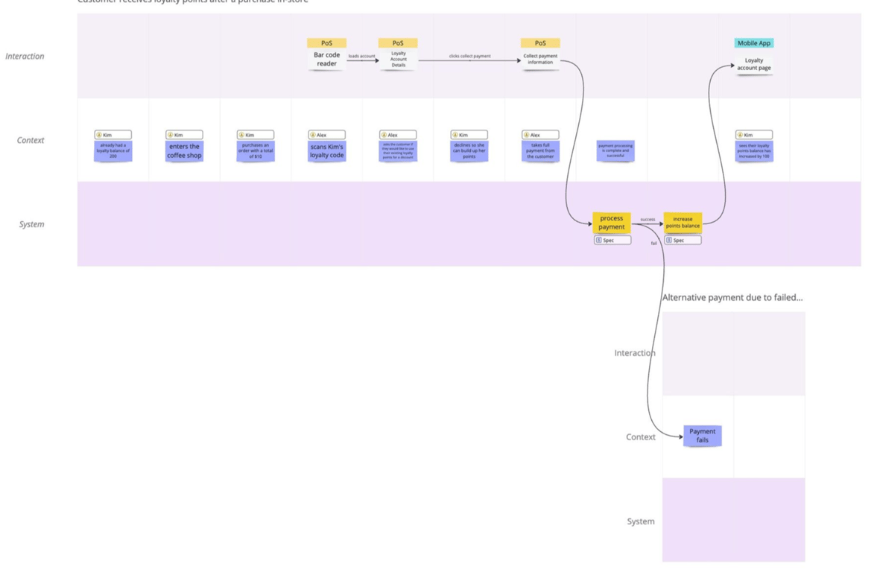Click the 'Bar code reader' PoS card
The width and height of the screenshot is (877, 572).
click(x=326, y=60)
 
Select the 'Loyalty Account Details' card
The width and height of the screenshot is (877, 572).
click(x=398, y=60)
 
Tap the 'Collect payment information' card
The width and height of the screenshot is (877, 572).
click(x=540, y=60)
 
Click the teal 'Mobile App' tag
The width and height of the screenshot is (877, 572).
click(x=754, y=43)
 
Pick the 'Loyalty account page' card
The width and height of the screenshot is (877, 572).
click(x=754, y=64)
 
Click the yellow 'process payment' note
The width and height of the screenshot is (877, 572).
click(x=611, y=223)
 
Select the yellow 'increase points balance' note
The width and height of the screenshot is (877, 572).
click(x=683, y=223)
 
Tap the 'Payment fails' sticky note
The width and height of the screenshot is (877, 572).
click(x=702, y=436)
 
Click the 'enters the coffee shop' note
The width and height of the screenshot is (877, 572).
click(x=184, y=151)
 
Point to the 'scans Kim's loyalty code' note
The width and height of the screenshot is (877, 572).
click(x=326, y=151)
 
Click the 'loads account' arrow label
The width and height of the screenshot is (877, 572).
click(x=362, y=57)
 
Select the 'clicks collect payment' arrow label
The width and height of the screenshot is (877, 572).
click(x=469, y=57)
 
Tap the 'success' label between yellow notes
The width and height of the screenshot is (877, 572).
click(x=648, y=220)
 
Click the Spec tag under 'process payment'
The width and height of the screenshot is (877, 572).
click(x=612, y=241)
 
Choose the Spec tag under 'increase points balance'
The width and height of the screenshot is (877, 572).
click(x=683, y=241)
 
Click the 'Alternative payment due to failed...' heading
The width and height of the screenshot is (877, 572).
click(x=732, y=297)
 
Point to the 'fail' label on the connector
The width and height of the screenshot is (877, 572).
click(x=654, y=244)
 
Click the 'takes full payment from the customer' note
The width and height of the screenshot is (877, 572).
click(x=540, y=151)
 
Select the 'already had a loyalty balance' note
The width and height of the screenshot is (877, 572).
click(x=113, y=151)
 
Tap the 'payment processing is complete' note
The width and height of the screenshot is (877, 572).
click(x=615, y=151)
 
